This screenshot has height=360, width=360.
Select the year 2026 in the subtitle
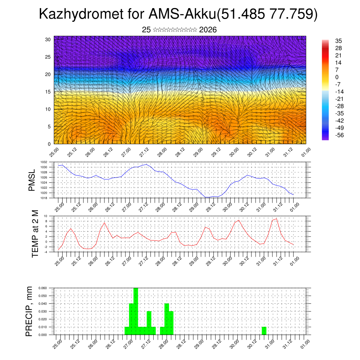208,30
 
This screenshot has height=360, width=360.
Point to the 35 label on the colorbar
339,41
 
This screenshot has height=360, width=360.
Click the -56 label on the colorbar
339,135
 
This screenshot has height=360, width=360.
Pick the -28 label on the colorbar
339,106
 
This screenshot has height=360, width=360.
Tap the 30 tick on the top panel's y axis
48,39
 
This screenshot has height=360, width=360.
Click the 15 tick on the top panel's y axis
48,92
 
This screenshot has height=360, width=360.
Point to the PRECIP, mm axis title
30,311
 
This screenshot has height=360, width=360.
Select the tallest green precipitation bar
136,311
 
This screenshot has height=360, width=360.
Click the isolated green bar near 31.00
264,331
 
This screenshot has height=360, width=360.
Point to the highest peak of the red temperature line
276,219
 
